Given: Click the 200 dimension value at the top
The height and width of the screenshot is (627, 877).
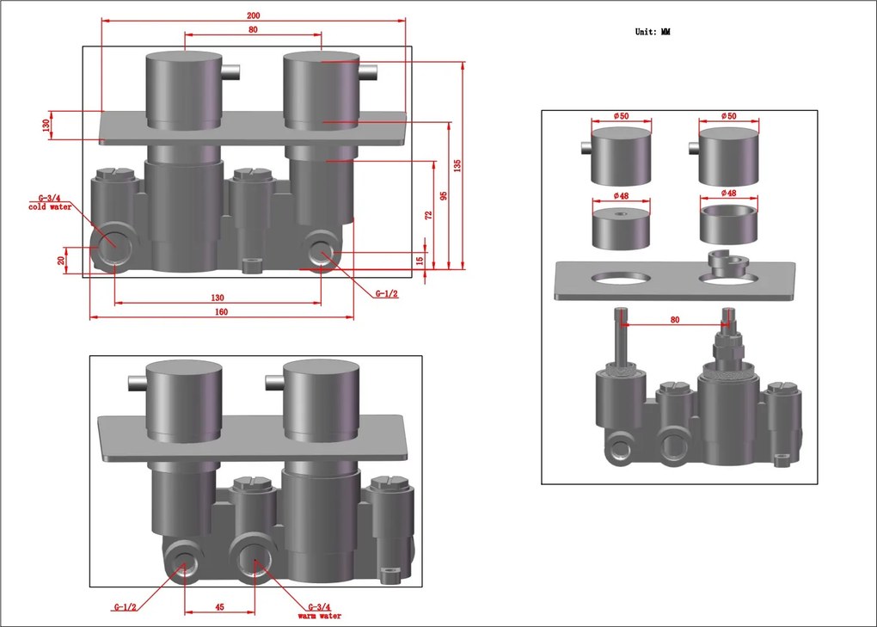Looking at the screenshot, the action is pyautogui.click(x=254, y=15).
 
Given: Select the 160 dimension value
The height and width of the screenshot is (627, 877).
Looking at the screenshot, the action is pyautogui.click(x=222, y=311).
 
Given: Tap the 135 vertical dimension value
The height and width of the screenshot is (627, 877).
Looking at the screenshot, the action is pyautogui.click(x=457, y=165).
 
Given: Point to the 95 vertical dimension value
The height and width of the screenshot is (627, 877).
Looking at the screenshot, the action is pyautogui.click(x=444, y=196).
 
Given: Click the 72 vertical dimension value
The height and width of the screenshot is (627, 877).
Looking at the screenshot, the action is pyautogui.click(x=428, y=215).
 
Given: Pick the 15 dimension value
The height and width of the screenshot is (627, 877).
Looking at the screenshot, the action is pyautogui.click(x=420, y=260).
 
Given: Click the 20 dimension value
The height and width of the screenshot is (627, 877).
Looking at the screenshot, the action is pyautogui.click(x=61, y=260).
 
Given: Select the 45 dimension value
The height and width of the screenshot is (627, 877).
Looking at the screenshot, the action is pyautogui.click(x=219, y=607).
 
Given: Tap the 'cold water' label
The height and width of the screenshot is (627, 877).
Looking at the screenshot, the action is pyautogui.click(x=51, y=207).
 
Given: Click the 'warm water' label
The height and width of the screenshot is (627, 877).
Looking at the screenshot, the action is pyautogui.click(x=319, y=616).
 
